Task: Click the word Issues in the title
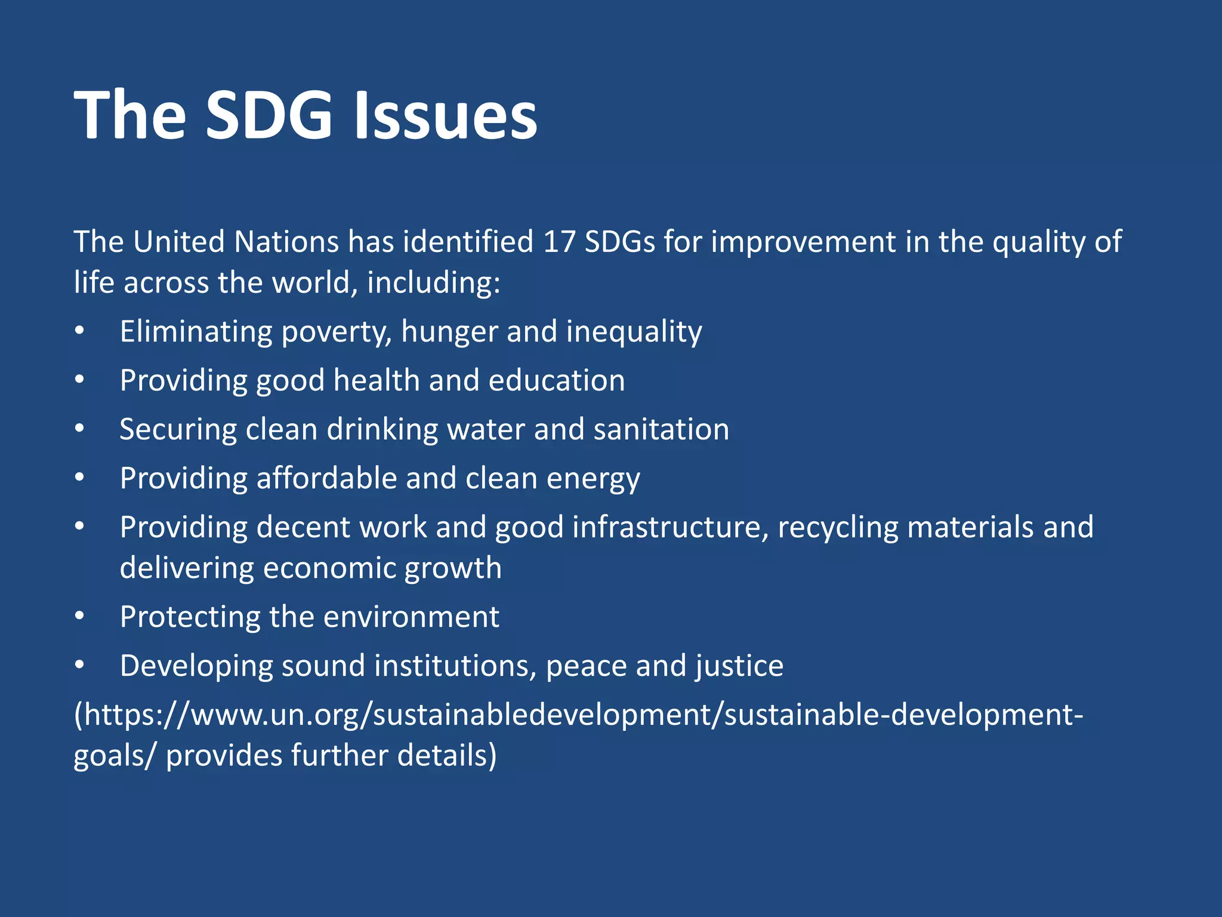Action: pyautogui.click(x=446, y=115)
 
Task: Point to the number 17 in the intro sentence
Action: pyautogui.click(x=559, y=242)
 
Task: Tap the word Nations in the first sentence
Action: pyautogui.click(x=286, y=242)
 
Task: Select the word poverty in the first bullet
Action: pyautogui.click(x=336, y=332)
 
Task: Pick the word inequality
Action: pyautogui.click(x=634, y=332)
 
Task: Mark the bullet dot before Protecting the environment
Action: pyautogui.click(x=80, y=616)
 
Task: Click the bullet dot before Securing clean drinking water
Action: pyautogui.click(x=80, y=429)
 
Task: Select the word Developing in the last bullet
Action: pyautogui.click(x=196, y=666)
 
